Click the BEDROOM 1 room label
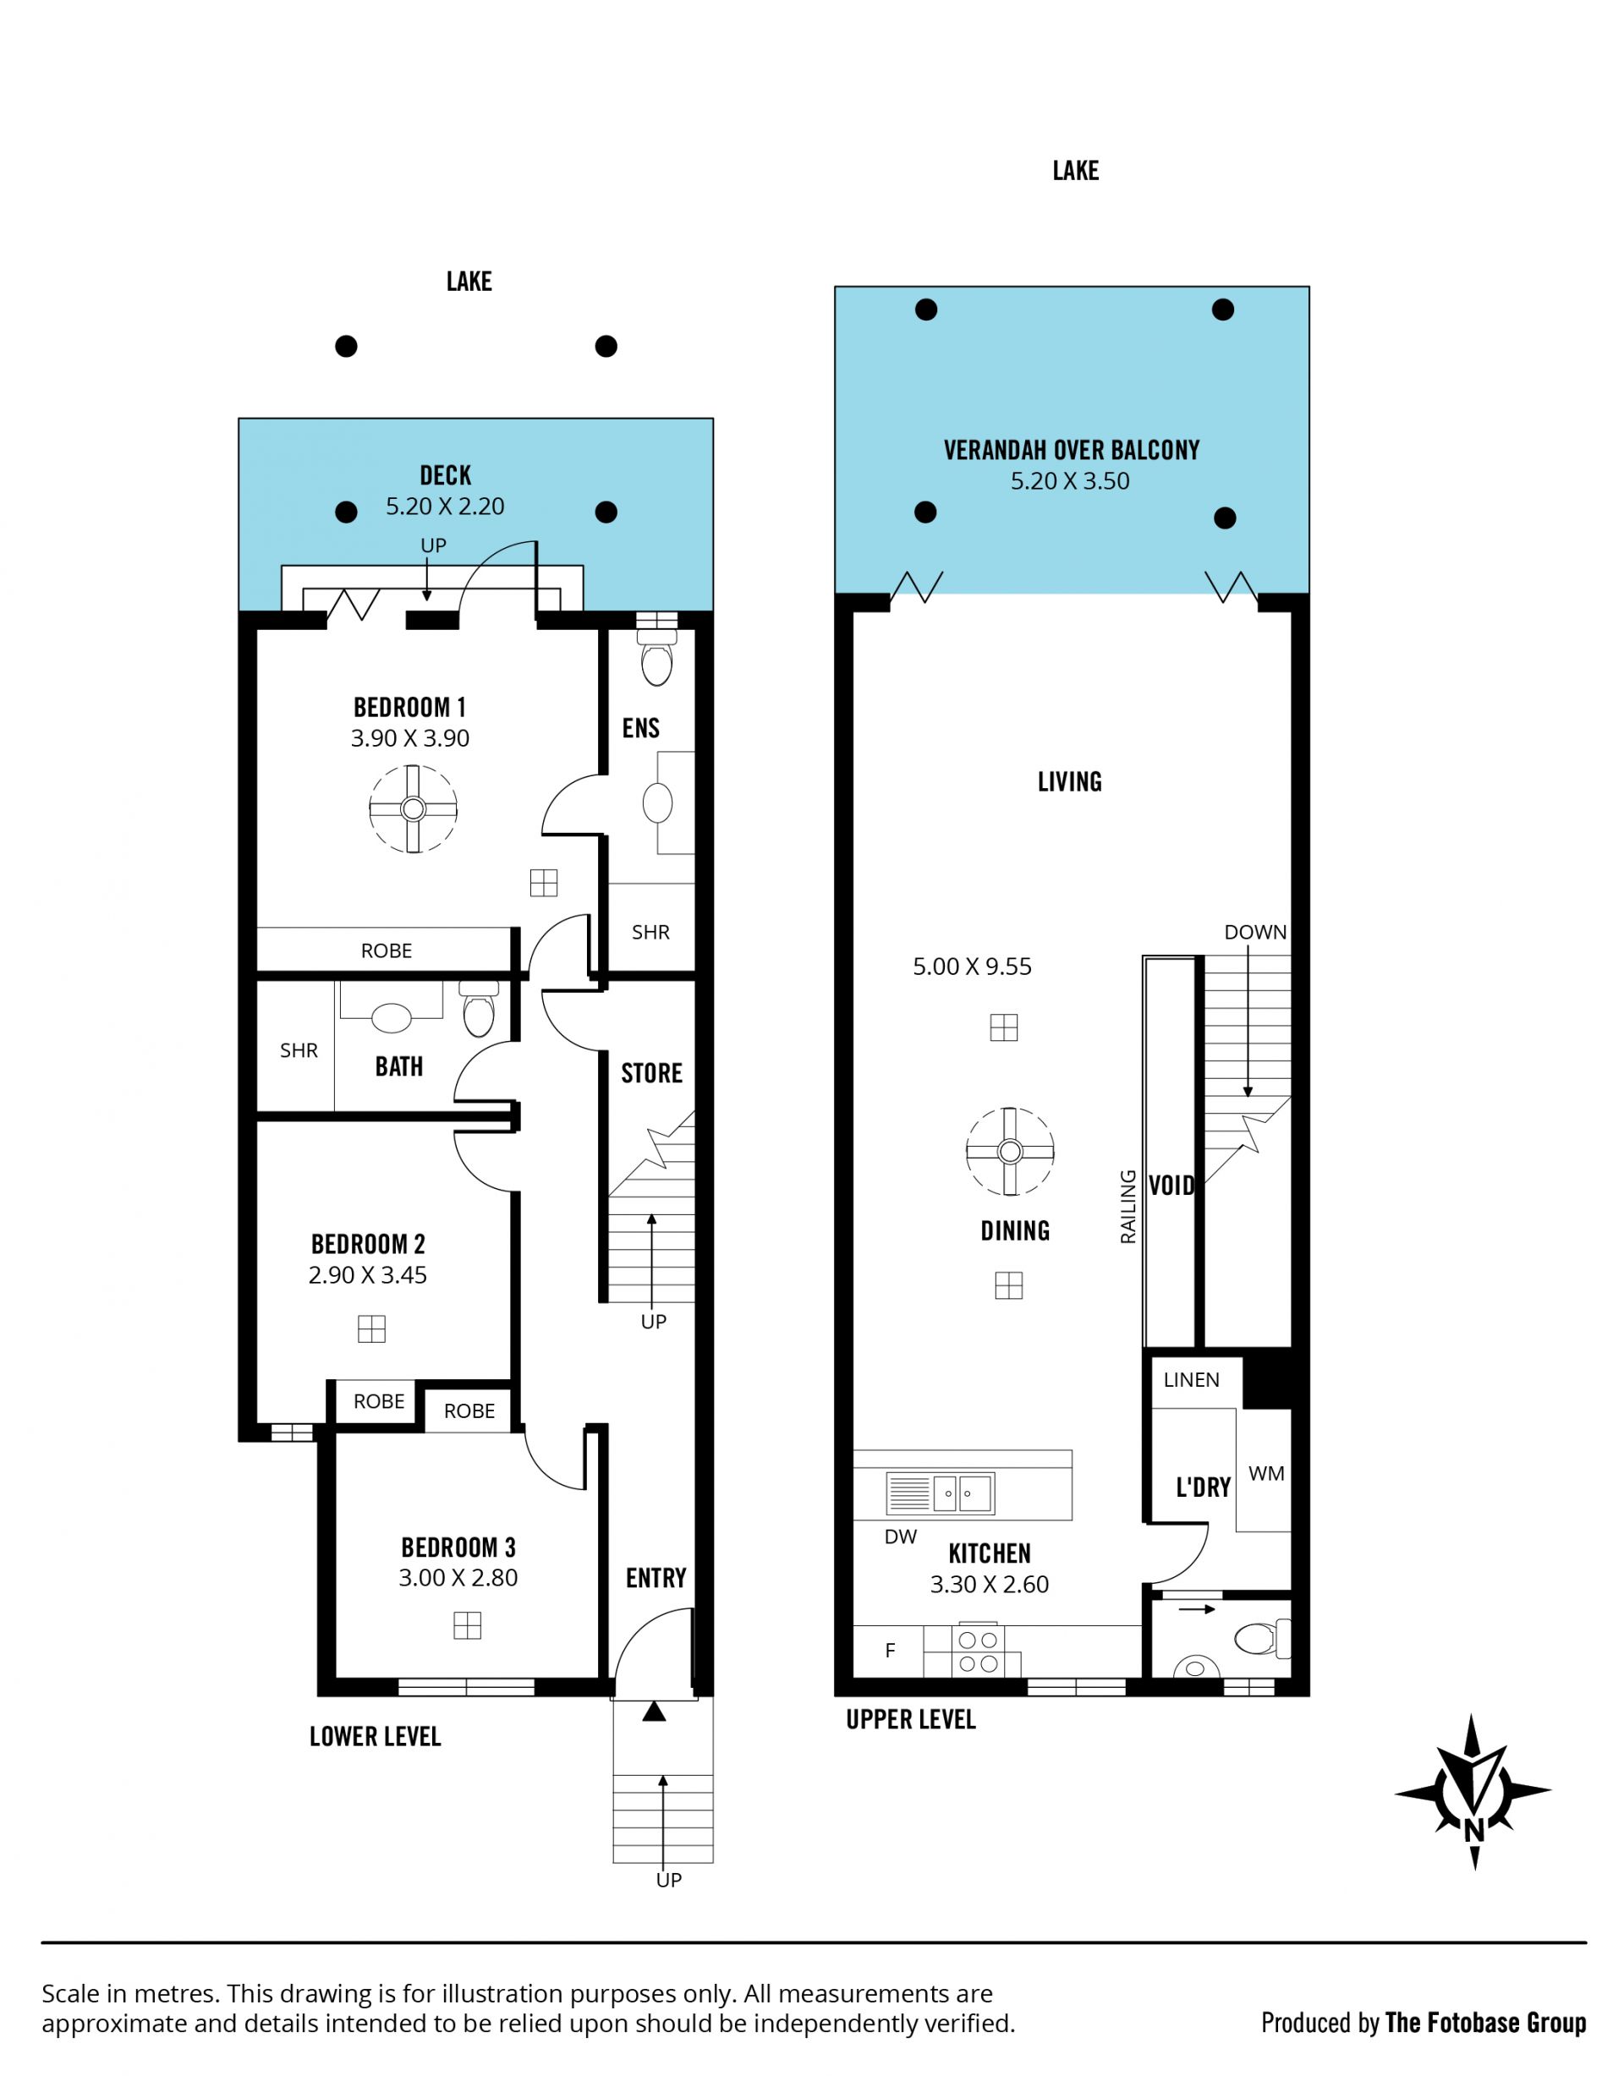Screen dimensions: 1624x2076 pyautogui.click(x=409, y=707)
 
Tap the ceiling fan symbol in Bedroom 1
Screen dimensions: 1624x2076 pyautogui.click(x=413, y=809)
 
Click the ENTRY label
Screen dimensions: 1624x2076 pyautogui.click(x=656, y=1578)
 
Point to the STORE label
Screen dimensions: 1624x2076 pyautogui.click(x=652, y=1073)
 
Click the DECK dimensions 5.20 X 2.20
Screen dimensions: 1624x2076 pyautogui.click(x=445, y=507)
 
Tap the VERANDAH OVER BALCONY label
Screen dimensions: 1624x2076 pyautogui.click(x=1072, y=450)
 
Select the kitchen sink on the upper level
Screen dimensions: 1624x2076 pyautogui.click(x=941, y=1493)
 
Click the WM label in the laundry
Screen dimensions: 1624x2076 pyautogui.click(x=1266, y=1473)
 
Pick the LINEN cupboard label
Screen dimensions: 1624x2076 pyautogui.click(x=1192, y=1380)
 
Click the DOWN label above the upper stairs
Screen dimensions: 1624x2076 pyautogui.click(x=1255, y=933)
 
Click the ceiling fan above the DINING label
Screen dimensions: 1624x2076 pyautogui.click(x=1010, y=1151)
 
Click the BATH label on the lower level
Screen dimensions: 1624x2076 pyautogui.click(x=399, y=1066)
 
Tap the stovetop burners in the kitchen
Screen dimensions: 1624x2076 pyautogui.click(x=979, y=1651)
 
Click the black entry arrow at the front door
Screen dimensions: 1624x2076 pyautogui.click(x=654, y=1711)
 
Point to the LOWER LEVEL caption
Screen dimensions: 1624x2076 pyautogui.click(x=376, y=1737)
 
